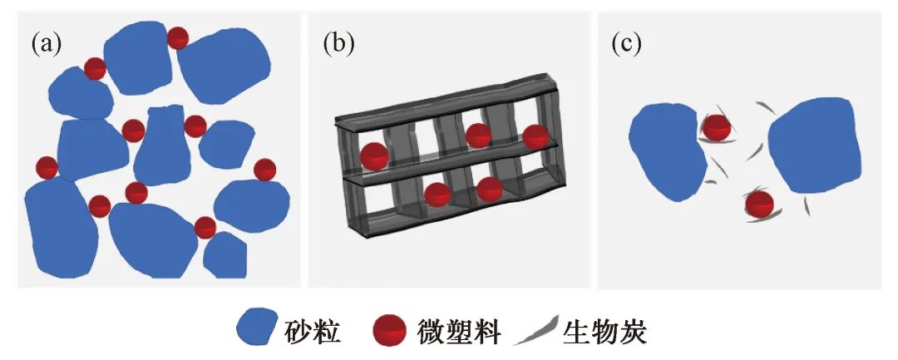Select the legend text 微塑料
(x=458, y=330)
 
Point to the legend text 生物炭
(x=605, y=330)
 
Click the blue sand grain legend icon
(x=257, y=329)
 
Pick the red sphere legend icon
(x=389, y=330)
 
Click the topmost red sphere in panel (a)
(x=178, y=37)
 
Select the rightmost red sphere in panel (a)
(x=264, y=170)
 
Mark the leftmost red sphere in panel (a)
(x=47, y=168)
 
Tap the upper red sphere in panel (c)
(x=716, y=127)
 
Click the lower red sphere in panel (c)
(x=759, y=203)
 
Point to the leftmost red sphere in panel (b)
(x=373, y=155)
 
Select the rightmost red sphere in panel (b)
(x=536, y=137)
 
